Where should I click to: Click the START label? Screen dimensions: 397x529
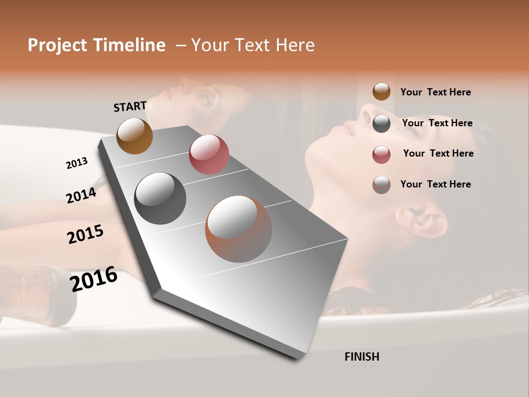click(130, 106)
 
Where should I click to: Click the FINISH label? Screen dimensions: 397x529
click(361, 357)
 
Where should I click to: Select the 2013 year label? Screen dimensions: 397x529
click(77, 163)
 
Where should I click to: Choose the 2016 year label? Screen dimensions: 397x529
click(94, 279)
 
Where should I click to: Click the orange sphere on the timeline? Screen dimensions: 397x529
click(134, 136)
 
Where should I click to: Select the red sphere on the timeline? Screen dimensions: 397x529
click(209, 154)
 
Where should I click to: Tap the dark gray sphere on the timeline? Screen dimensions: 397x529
click(160, 198)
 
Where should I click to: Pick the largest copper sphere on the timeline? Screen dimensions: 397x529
click(239, 229)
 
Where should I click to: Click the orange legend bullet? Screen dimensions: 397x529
click(381, 92)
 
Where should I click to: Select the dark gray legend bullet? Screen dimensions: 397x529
click(381, 124)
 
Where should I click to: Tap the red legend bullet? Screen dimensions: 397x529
click(381, 154)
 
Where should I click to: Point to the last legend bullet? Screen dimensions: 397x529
click(381, 185)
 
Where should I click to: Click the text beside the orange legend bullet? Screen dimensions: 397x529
click(435, 92)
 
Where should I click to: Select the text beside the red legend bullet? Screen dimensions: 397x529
click(438, 153)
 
